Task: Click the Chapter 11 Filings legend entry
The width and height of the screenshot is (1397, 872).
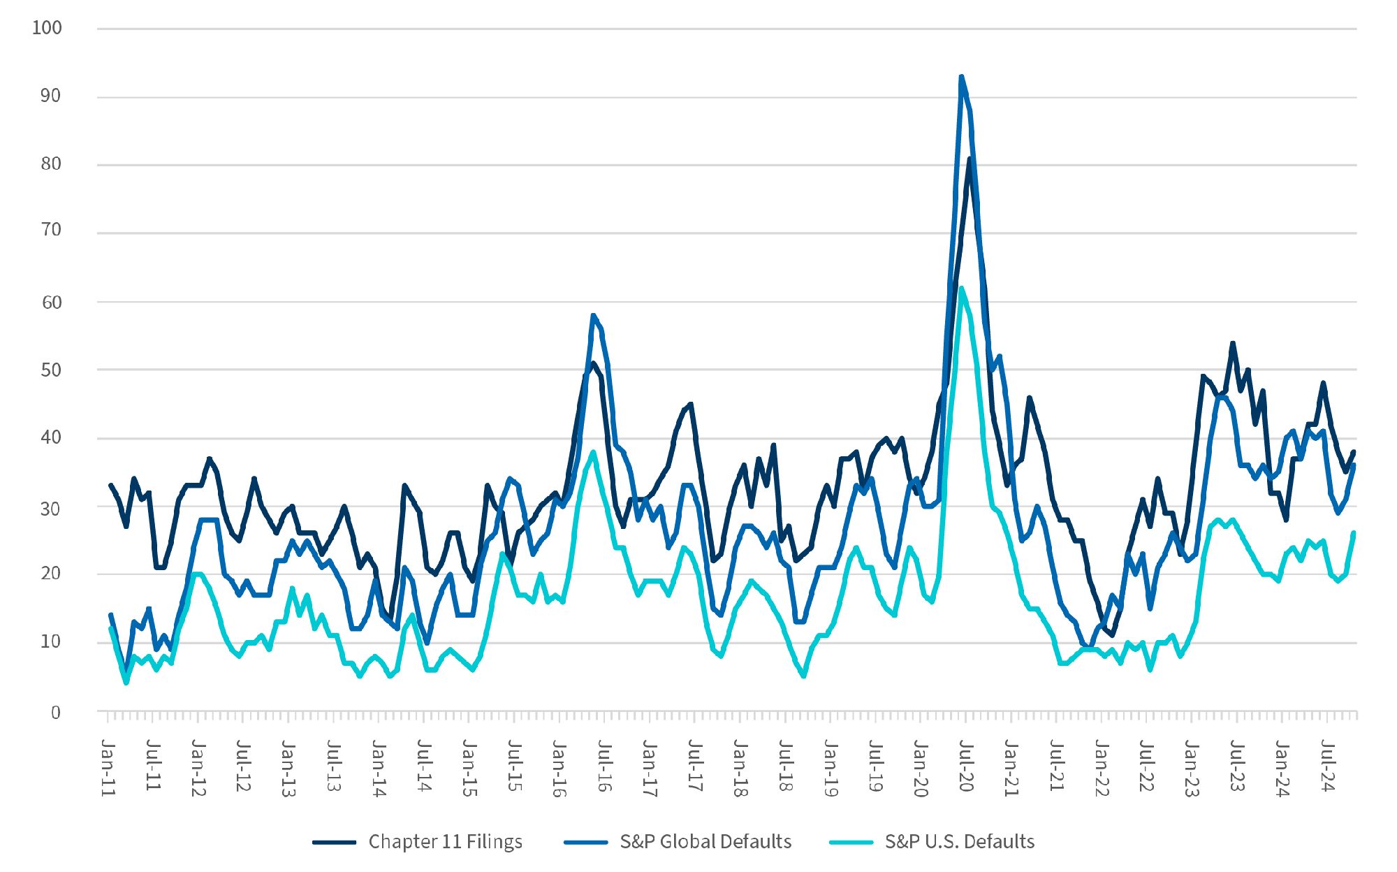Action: click(x=445, y=841)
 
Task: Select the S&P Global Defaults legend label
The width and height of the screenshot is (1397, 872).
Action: click(x=705, y=841)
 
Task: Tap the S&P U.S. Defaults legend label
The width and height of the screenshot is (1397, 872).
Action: click(x=959, y=841)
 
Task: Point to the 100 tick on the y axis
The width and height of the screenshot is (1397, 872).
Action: click(x=47, y=28)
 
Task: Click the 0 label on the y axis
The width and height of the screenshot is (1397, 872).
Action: click(x=56, y=713)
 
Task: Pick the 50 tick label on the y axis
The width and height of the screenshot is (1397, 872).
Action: click(x=51, y=370)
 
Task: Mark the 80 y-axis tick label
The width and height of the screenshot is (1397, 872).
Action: click(x=51, y=164)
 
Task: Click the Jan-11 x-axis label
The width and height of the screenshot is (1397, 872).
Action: click(x=108, y=767)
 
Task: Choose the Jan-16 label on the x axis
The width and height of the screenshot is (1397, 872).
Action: click(x=559, y=768)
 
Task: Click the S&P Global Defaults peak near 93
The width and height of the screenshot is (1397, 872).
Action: click(x=961, y=77)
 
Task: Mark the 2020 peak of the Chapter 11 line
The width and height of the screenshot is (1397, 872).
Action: click(x=970, y=159)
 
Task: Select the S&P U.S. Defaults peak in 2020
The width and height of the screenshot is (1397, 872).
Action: click(x=962, y=288)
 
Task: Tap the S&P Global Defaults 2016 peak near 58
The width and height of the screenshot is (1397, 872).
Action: click(x=593, y=316)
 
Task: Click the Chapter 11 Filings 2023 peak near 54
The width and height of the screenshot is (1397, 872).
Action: click(x=1233, y=343)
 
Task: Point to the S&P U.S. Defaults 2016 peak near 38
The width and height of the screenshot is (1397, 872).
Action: click(x=593, y=452)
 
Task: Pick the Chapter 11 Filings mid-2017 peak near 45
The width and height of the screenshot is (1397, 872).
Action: click(x=691, y=404)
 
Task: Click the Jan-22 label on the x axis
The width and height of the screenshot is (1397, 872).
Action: click(x=1102, y=767)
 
